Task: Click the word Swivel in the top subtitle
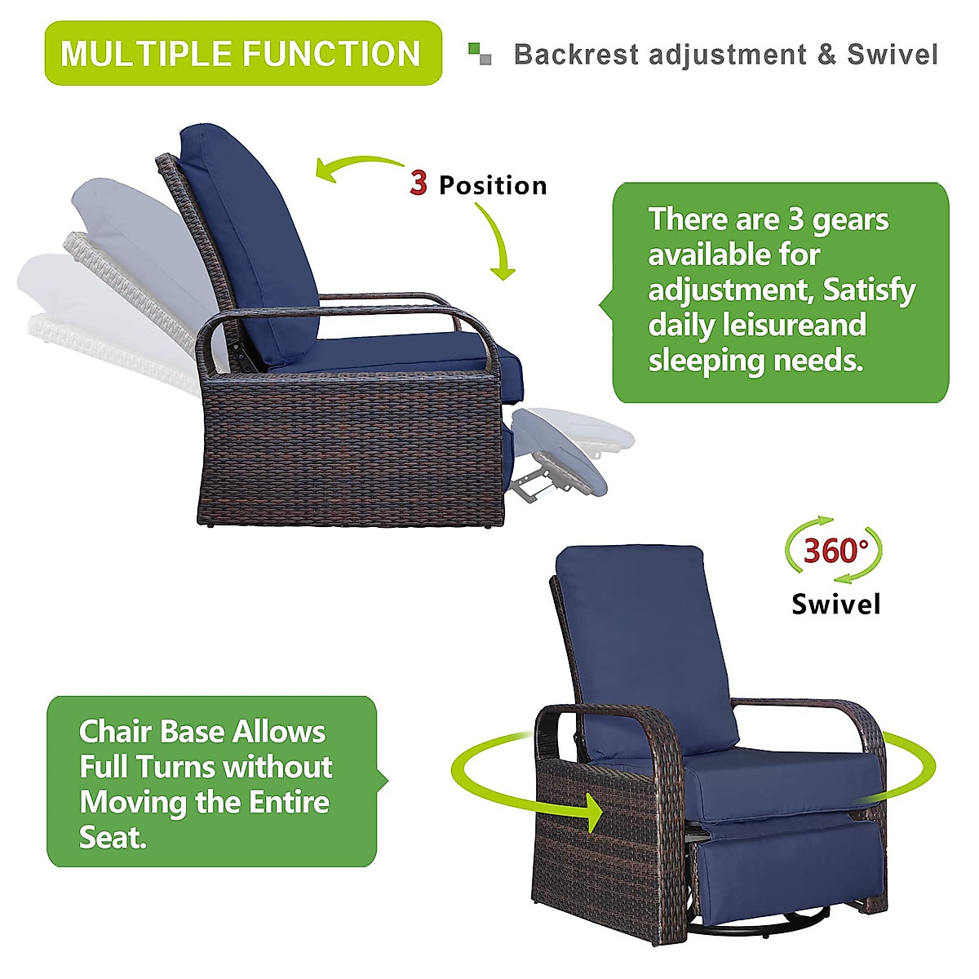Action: [893, 55]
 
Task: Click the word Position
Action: [493, 185]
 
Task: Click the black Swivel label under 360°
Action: [836, 604]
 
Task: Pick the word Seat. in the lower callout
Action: [113, 837]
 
